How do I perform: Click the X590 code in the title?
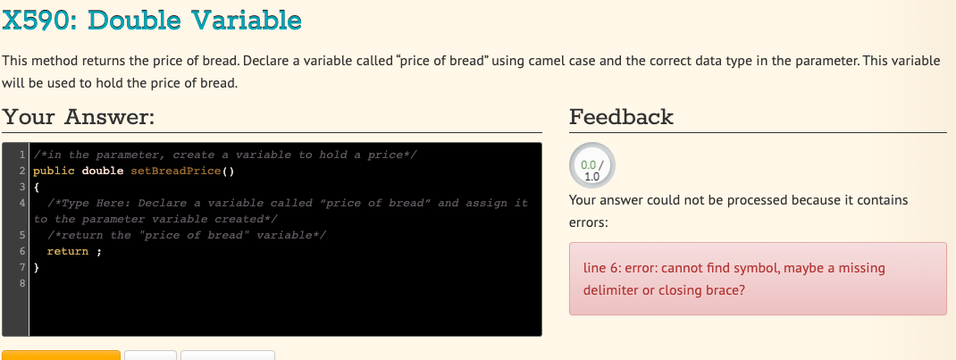tap(40, 21)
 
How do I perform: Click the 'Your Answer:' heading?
tap(79, 116)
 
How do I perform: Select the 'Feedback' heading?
tap(621, 116)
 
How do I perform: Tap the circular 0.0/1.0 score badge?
tap(592, 165)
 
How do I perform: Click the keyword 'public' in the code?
tap(54, 172)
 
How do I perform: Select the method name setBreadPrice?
tap(176, 172)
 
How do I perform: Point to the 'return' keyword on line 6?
tap(68, 252)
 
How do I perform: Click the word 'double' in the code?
tap(103, 172)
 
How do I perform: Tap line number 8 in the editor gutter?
tap(22, 283)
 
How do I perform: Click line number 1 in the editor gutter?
tap(22, 155)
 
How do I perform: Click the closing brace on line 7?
tap(37, 267)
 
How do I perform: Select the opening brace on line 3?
tap(37, 187)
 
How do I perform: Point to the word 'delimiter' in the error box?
tap(610, 290)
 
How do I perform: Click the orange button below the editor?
tap(61, 356)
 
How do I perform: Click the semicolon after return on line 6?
tap(99, 252)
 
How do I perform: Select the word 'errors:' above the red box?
tap(589, 222)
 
